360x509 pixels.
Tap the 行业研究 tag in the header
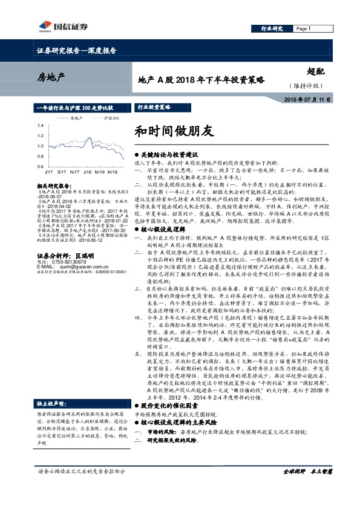pos(272,28)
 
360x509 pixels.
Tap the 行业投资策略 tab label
pos(154,106)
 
